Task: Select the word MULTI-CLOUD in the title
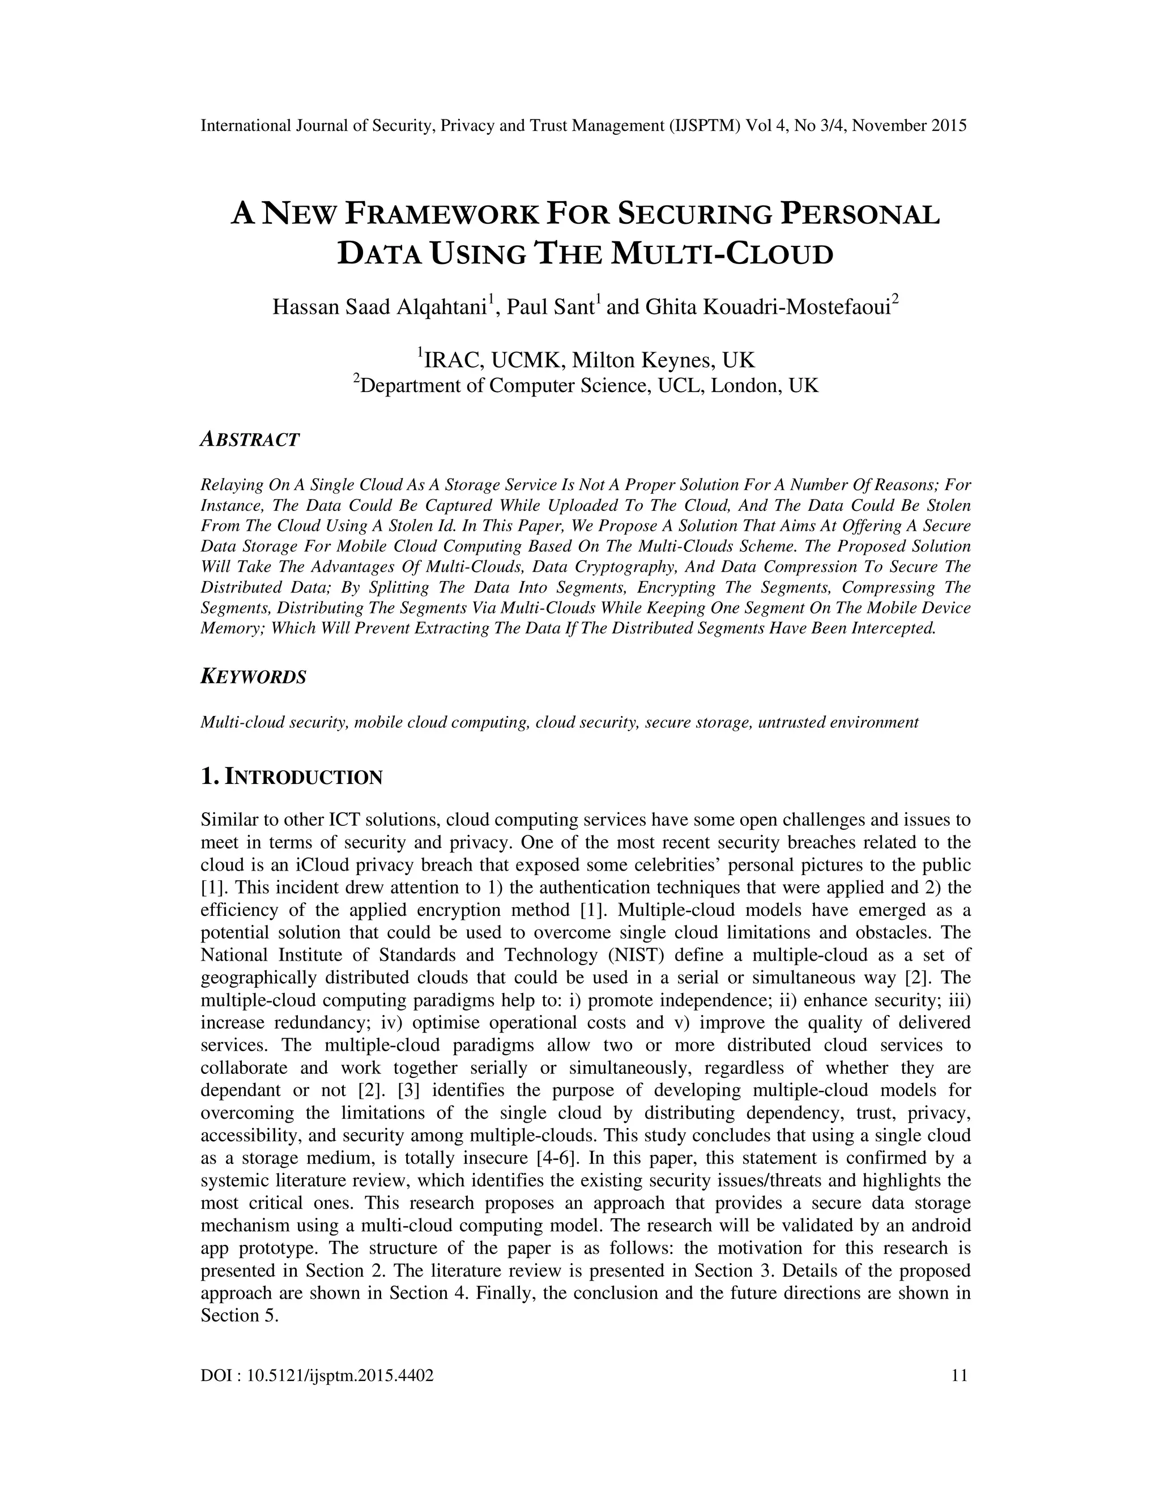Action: click(722, 254)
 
